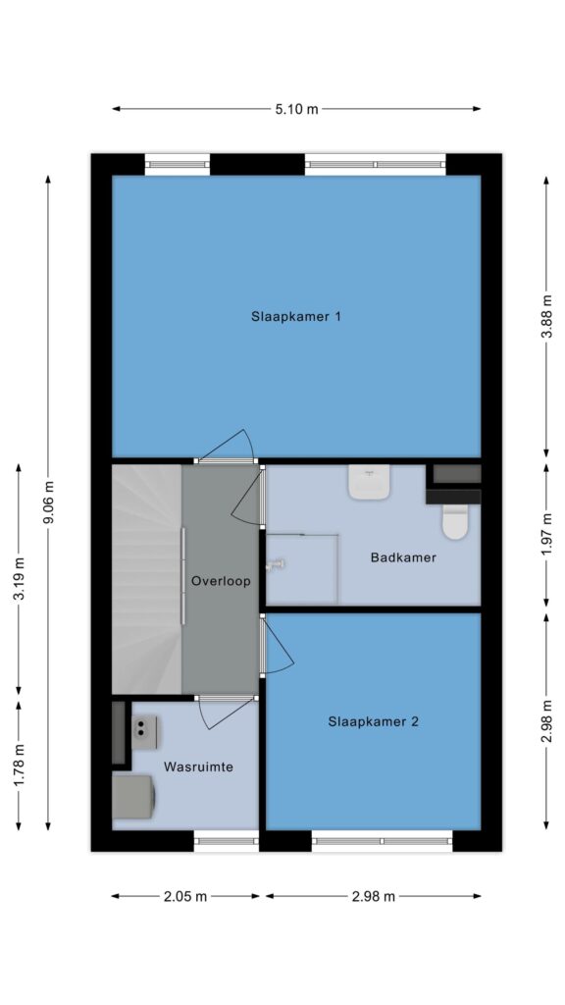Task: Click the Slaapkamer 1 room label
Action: point(296,317)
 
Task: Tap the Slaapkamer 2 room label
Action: point(374,721)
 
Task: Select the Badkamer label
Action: point(403,557)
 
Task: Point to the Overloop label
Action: point(221,581)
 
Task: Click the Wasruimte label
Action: point(198,767)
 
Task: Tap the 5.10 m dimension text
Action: point(296,109)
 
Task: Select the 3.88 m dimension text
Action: point(546,319)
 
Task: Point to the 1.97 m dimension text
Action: point(546,536)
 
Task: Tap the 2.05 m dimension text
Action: point(185,897)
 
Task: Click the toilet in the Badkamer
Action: point(456,521)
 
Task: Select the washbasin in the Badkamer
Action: point(369,482)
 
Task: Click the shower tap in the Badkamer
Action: point(276,564)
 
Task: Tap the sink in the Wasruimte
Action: point(144,732)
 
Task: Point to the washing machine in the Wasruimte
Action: point(133,797)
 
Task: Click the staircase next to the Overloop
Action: point(147,579)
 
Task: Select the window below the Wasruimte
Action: point(226,841)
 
